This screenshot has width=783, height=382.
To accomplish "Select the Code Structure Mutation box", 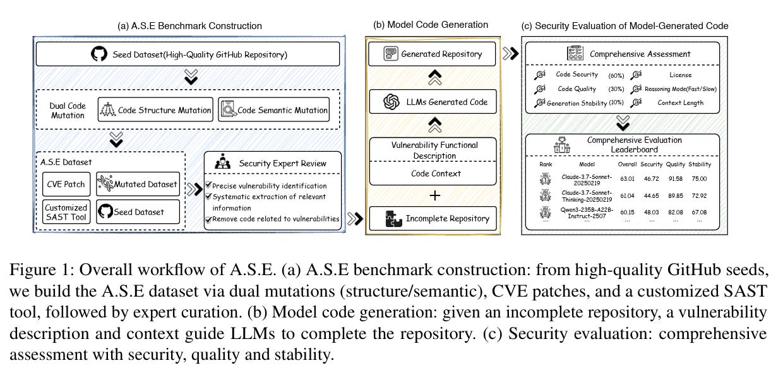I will pos(155,110).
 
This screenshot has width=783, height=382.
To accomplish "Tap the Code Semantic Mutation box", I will pos(273,110).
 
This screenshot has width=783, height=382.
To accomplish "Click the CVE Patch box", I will pos(66,184).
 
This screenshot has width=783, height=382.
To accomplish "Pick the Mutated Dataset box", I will pos(138,184).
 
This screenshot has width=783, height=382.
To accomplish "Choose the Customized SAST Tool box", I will pos(66,213).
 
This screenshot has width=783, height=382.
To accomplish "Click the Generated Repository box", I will pos(433,54).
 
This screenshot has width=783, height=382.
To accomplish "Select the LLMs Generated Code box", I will pos(433,101).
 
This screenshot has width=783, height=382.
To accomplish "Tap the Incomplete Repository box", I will pos(433,219).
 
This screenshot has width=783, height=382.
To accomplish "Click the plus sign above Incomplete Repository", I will pos(434,195).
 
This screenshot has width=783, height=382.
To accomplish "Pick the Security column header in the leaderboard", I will pos(651,164).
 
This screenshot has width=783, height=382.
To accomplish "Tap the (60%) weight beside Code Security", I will pos(616,75).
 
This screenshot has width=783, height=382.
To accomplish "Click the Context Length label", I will pos(680,102).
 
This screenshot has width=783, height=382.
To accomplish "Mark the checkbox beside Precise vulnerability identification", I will pos(209,186).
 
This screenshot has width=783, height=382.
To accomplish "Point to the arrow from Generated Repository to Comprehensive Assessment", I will pos(510,54).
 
